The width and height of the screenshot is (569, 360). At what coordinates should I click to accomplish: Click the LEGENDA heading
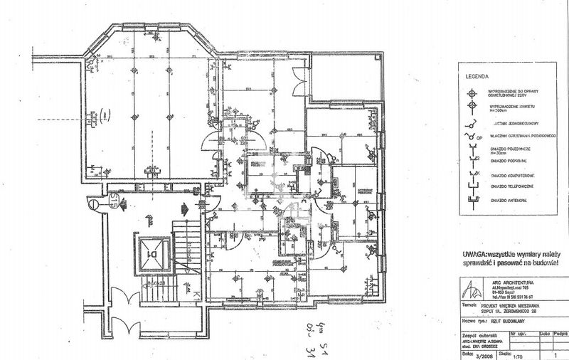tap(477, 75)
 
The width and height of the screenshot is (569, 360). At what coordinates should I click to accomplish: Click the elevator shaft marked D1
tap(152, 253)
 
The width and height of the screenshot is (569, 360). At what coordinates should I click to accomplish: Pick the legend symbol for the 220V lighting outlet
tap(469, 92)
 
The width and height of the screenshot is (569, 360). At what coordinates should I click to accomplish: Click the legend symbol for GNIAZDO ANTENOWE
tap(469, 199)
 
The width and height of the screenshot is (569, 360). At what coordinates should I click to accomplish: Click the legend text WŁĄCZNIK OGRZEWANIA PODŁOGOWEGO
tap(522, 137)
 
